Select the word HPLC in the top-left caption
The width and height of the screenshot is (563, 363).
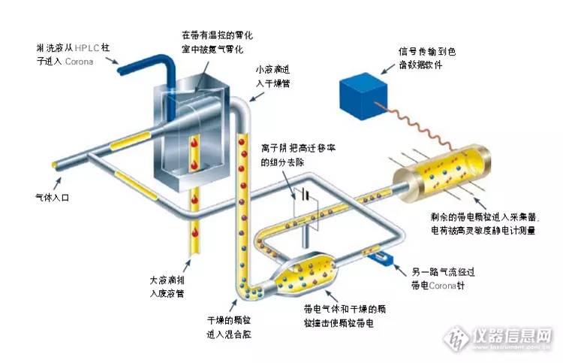pyautogui.click(x=87, y=47)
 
